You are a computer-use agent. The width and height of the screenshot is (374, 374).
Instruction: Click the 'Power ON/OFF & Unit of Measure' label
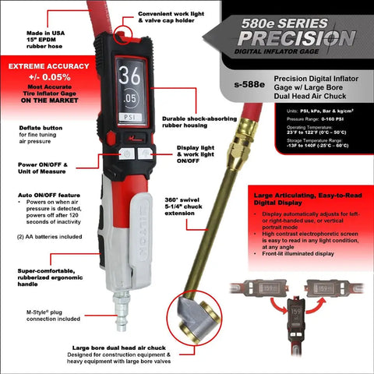point(41,169)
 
